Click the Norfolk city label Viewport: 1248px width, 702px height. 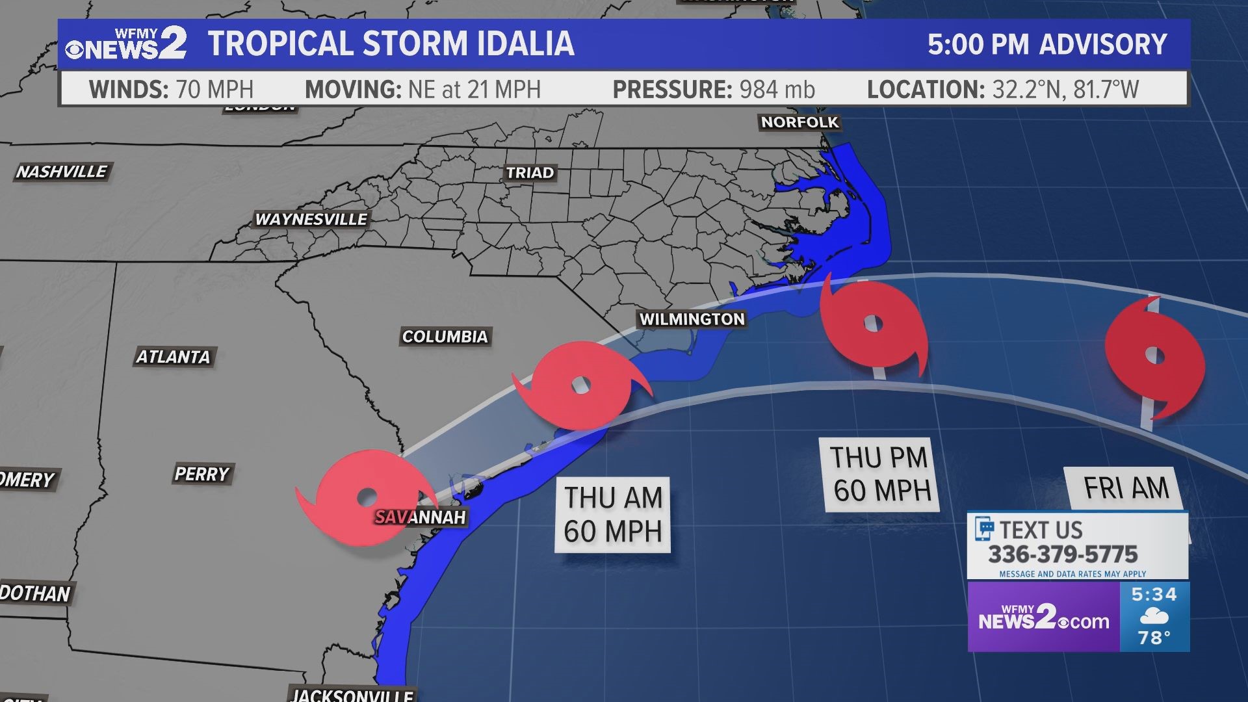[x=799, y=122]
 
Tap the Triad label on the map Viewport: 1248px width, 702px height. [x=530, y=173]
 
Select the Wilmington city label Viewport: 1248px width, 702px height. [x=692, y=319]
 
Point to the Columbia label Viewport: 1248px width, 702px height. [x=445, y=337]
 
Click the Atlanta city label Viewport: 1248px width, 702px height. [x=173, y=357]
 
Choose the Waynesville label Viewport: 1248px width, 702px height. [x=311, y=220]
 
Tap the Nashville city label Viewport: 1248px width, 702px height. [x=62, y=172]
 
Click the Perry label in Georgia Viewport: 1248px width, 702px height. [x=201, y=474]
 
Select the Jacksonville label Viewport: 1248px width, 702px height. [x=352, y=695]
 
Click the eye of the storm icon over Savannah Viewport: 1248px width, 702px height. [x=367, y=497]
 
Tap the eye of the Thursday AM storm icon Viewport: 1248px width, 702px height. [x=580, y=385]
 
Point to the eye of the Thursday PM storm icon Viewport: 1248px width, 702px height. [x=873, y=323]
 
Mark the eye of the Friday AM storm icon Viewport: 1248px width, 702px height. [x=1154, y=356]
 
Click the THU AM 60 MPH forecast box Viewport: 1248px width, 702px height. [x=612, y=515]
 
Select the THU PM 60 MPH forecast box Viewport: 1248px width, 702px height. [x=881, y=474]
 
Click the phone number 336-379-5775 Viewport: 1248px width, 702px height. [x=1063, y=554]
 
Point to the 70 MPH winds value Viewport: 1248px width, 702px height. [x=214, y=89]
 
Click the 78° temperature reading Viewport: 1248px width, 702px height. [x=1154, y=638]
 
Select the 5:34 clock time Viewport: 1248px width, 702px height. [x=1154, y=594]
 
